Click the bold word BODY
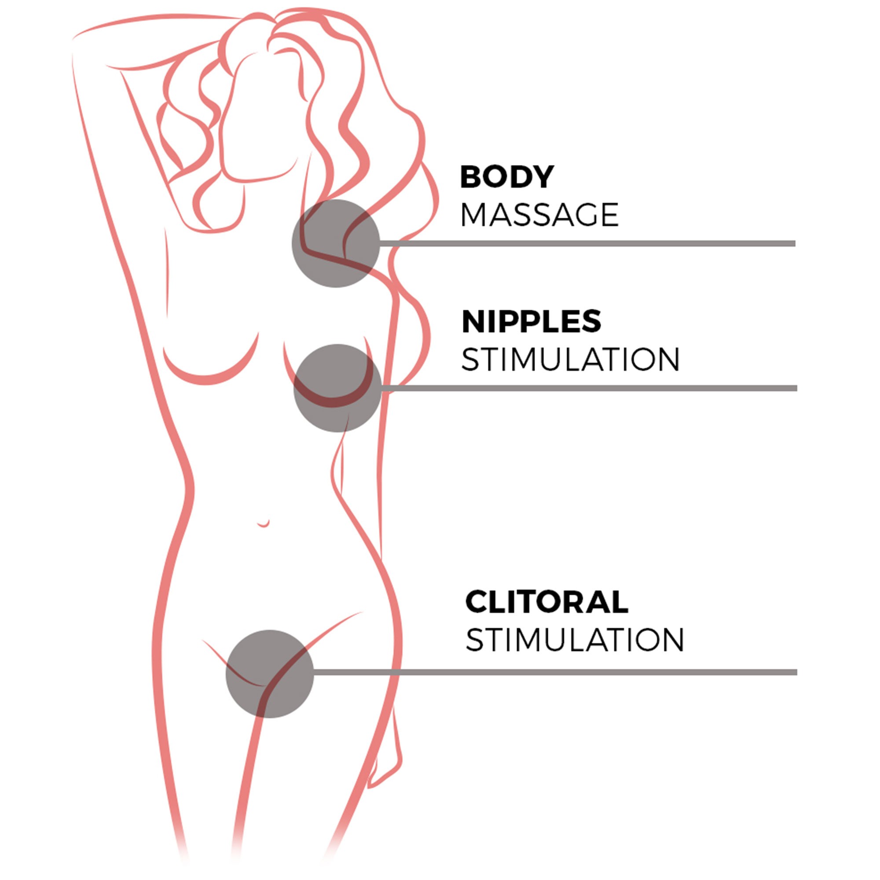pyautogui.click(x=507, y=177)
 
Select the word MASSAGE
pyautogui.click(x=540, y=215)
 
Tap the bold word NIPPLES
pyautogui.click(x=532, y=321)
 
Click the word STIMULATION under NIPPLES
pyautogui.click(x=571, y=360)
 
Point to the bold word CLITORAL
pyautogui.click(x=546, y=601)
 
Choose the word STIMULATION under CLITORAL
pyautogui.click(x=575, y=640)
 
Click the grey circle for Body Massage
pyautogui.click(x=336, y=243)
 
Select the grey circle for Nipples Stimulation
pyautogui.click(x=337, y=388)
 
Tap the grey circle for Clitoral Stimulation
pyautogui.click(x=270, y=674)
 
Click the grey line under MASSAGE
pyautogui.click(x=587, y=244)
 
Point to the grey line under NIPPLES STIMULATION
pyautogui.click(x=590, y=388)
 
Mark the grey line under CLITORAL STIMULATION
pyautogui.click(x=555, y=672)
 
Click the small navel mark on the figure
pyautogui.click(x=263, y=524)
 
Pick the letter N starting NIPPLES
pyautogui.click(x=473, y=321)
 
